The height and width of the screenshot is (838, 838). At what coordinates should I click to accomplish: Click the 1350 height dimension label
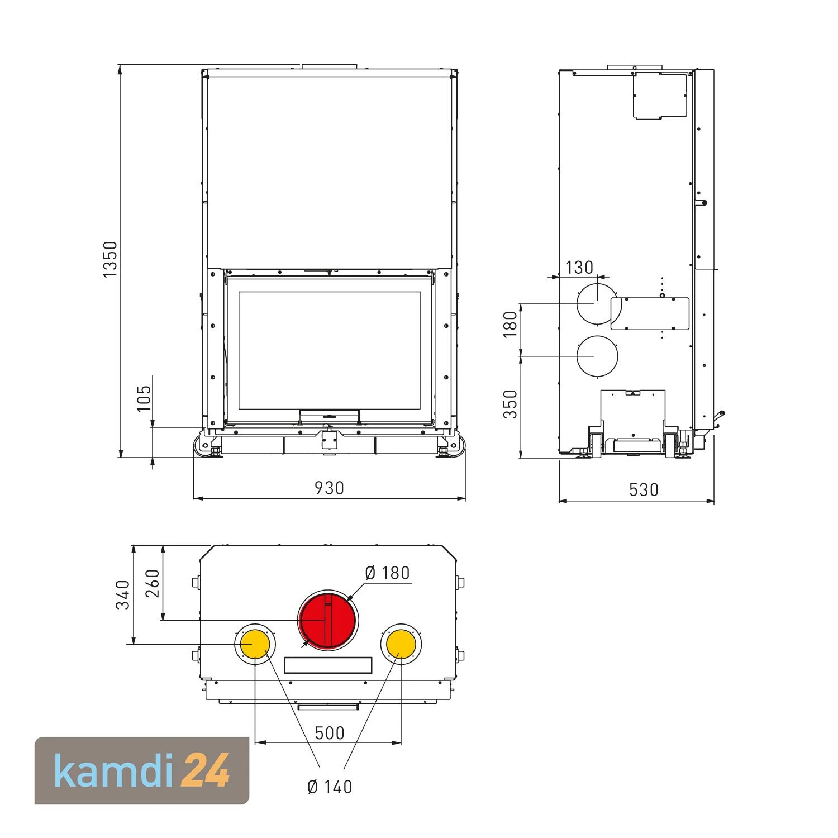[x=111, y=259]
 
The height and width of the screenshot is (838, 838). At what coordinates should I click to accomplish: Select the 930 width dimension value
[x=329, y=488]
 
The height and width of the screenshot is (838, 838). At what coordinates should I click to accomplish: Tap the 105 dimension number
[x=144, y=398]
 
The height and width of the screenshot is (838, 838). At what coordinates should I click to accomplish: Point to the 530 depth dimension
[x=644, y=490]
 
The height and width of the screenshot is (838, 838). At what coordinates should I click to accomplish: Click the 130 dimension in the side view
[x=579, y=268]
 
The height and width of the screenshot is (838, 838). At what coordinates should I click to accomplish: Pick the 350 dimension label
[x=511, y=404]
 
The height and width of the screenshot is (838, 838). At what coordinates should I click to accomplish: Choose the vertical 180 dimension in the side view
[x=511, y=325]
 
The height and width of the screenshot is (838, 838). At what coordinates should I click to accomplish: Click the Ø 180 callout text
[x=387, y=573]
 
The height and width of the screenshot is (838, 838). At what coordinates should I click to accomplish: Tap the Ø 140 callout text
[x=330, y=787]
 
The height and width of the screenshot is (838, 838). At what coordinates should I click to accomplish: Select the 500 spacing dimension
[x=330, y=732]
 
